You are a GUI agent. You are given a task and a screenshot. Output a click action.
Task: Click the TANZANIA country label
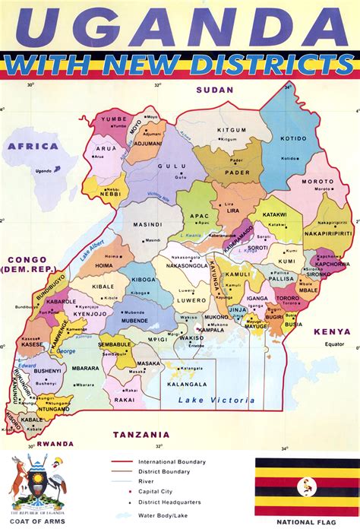click(x=140, y=434)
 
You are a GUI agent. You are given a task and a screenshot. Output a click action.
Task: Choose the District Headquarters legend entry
click(x=167, y=502)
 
